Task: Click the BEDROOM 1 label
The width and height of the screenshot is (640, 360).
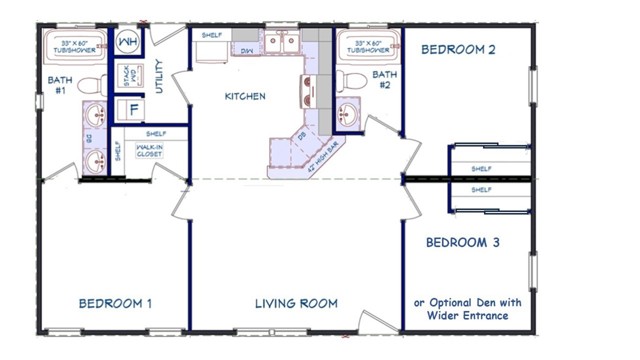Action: (116, 303)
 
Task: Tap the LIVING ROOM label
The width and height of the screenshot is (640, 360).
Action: (295, 303)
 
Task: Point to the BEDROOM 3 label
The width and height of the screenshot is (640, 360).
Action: (463, 243)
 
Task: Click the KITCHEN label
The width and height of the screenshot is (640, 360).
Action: (244, 97)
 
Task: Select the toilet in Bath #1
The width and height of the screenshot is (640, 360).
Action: (87, 85)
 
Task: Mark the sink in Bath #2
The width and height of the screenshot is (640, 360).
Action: (350, 113)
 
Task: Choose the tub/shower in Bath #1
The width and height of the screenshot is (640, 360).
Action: (69, 48)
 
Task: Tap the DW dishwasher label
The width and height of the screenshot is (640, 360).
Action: (246, 50)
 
